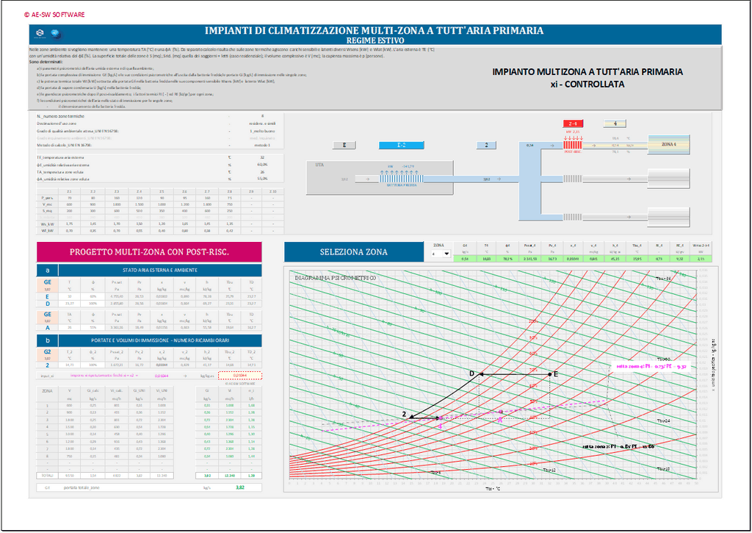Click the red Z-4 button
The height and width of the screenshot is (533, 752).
(573, 124)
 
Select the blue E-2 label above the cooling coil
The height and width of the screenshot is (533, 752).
(401, 146)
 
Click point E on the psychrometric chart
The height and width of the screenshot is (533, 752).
(549, 374)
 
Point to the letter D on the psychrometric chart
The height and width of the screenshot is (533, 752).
(473, 374)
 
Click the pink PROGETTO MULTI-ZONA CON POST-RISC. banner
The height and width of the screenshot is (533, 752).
(149, 252)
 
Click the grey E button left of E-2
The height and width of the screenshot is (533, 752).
(344, 146)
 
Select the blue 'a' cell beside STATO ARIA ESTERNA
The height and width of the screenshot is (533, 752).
(48, 271)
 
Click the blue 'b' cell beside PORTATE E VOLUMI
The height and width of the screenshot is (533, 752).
(48, 340)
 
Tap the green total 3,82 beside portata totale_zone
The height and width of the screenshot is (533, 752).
(239, 487)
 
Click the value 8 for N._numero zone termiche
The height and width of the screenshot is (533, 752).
(261, 116)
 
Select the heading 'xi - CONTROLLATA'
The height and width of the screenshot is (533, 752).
(587, 85)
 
